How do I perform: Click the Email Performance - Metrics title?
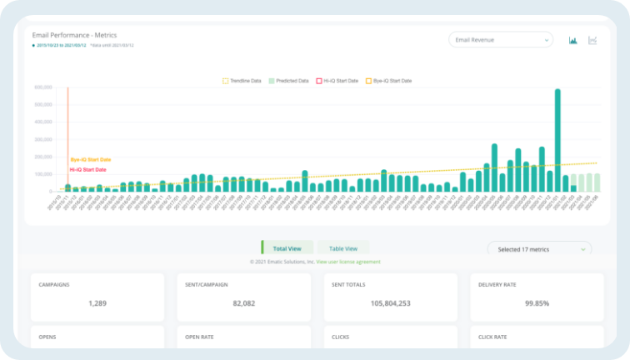(74, 36)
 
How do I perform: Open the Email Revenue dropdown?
(500, 39)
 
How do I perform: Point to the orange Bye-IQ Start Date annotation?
(90, 159)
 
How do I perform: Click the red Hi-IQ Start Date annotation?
(87, 169)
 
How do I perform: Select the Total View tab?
(287, 248)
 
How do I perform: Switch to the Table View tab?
(342, 248)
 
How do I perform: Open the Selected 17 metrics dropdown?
(539, 248)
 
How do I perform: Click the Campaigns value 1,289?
(99, 303)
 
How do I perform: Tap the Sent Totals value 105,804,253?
(392, 303)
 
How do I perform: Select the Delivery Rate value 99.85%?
(537, 303)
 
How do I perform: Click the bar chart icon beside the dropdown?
(573, 40)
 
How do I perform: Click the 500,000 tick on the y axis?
(43, 105)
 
